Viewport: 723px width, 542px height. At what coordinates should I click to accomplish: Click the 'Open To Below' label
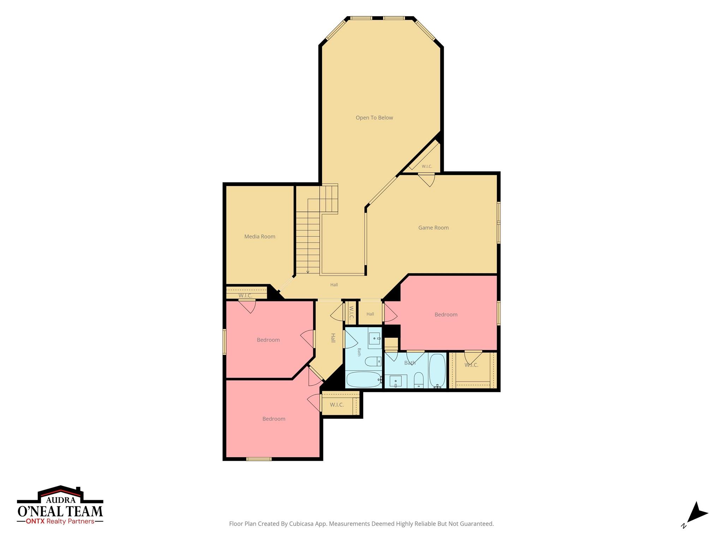pos(374,118)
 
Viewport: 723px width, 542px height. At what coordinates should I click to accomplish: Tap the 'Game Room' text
pos(434,228)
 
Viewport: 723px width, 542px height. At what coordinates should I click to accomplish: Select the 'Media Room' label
pos(260,237)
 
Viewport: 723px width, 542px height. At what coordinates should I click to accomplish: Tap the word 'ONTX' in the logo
pos(35,522)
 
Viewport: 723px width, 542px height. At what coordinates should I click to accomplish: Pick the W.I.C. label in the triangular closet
pos(427,167)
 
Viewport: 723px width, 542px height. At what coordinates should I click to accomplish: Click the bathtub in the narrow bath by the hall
pos(364,379)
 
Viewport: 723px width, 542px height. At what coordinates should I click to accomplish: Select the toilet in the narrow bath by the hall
pos(373,362)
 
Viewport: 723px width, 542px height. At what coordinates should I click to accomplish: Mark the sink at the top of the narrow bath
pos(375,338)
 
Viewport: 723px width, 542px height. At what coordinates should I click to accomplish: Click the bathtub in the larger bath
pos(437,371)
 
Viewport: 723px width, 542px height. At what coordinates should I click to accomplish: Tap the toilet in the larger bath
pos(419,380)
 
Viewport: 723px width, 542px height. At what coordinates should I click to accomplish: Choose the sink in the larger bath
pos(395,381)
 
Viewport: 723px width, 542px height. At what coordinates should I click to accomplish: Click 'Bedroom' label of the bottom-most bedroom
pos(274,419)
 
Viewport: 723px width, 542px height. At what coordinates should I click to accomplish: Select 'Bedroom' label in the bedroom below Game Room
pos(446,315)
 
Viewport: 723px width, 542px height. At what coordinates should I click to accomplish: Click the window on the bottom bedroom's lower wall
pos(259,459)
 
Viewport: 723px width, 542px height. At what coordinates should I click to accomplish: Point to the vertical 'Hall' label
pos(333,338)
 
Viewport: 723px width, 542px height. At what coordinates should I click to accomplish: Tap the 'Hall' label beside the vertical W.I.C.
pos(370,314)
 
